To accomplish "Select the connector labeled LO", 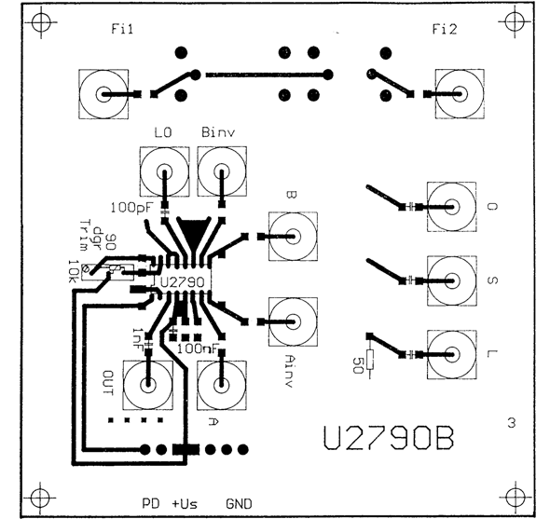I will point(163,173).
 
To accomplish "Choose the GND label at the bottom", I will point(239,503).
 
